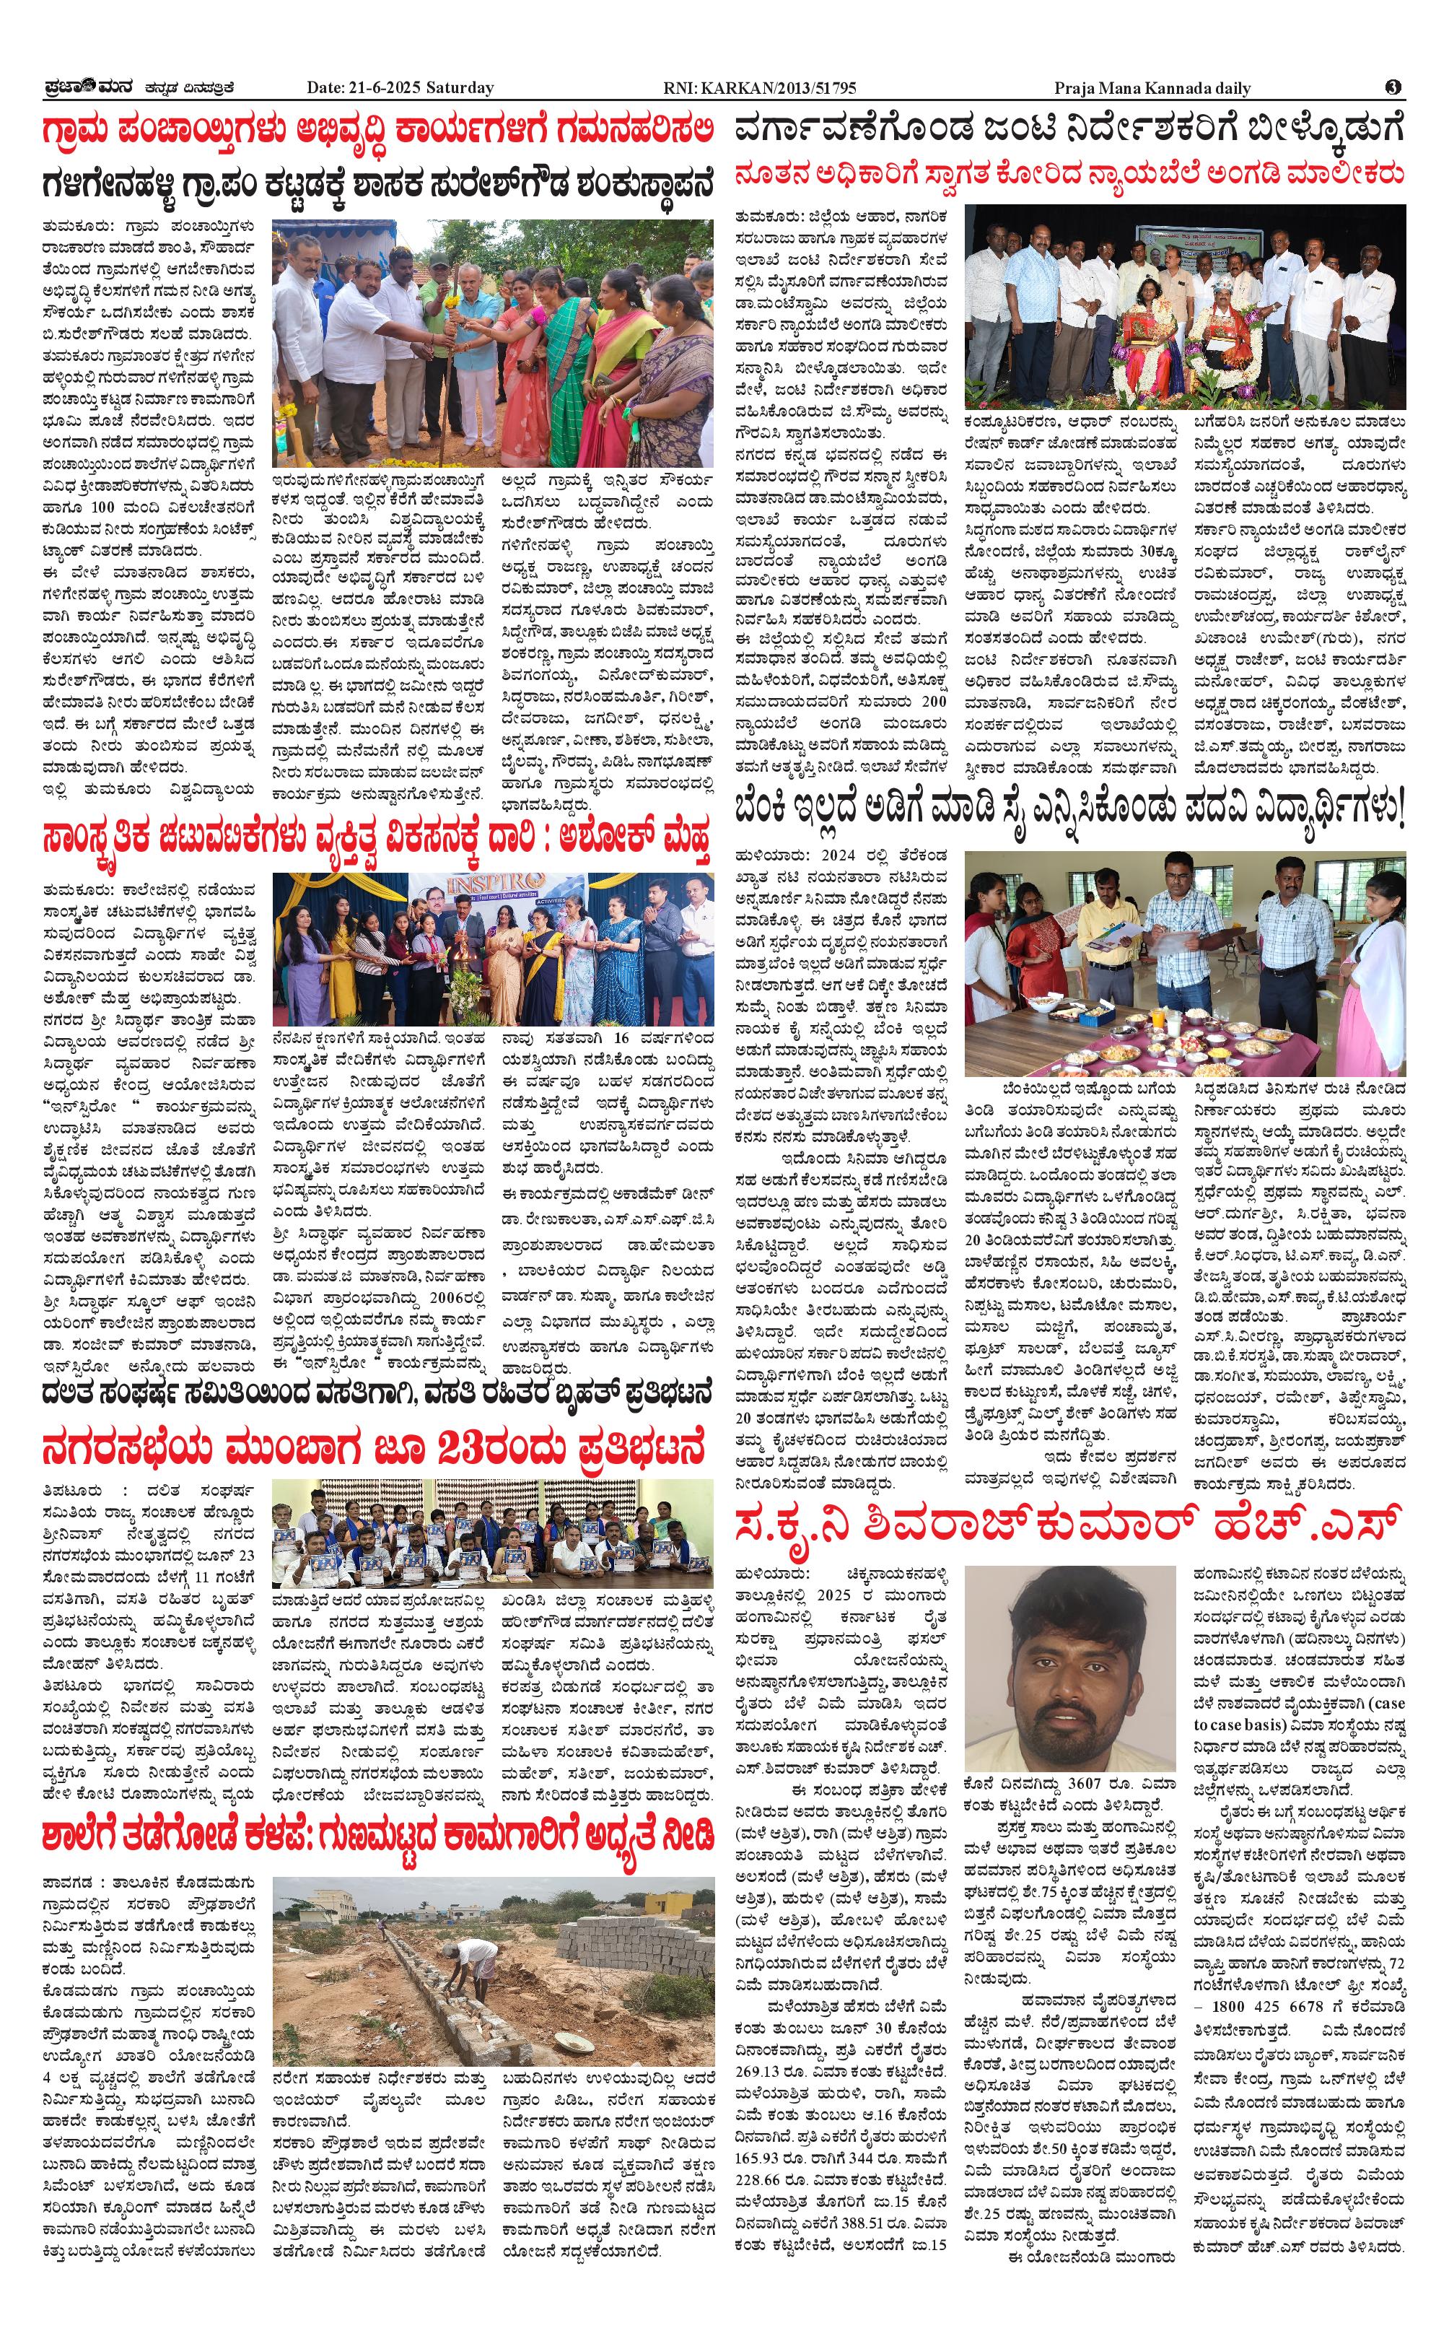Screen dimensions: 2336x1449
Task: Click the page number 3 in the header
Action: coord(1393,87)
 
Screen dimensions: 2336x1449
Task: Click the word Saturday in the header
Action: coord(462,88)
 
